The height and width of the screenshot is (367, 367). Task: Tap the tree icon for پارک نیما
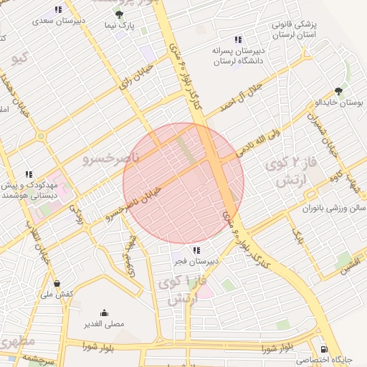pos(118,14)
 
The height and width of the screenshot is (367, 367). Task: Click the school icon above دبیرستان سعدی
pos(57,10)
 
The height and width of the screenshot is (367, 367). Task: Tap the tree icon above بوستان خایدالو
pos(338,91)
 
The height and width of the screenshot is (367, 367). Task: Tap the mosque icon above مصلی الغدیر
pos(105,312)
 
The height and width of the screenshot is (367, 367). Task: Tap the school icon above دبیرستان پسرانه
pos(238,39)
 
